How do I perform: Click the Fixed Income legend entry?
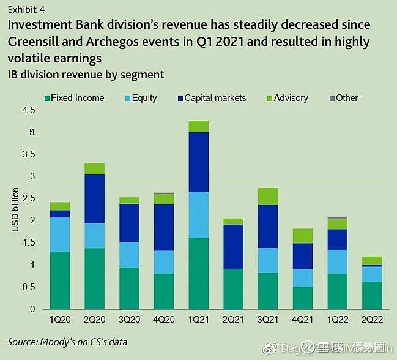pyautogui.click(x=73, y=98)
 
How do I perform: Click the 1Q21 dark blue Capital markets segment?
pyautogui.click(x=199, y=162)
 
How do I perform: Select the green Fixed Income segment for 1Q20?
pyautogui.click(x=60, y=280)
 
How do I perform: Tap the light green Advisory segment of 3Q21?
pyautogui.click(x=268, y=196)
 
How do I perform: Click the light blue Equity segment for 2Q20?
pyautogui.click(x=94, y=236)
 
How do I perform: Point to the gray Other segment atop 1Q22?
pyautogui.click(x=338, y=217)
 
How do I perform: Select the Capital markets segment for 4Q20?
pyautogui.click(x=164, y=227)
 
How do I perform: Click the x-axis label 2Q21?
pyautogui.click(x=233, y=319)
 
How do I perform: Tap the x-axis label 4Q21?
pyautogui.click(x=303, y=319)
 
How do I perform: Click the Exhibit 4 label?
pyautogui.click(x=26, y=10)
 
